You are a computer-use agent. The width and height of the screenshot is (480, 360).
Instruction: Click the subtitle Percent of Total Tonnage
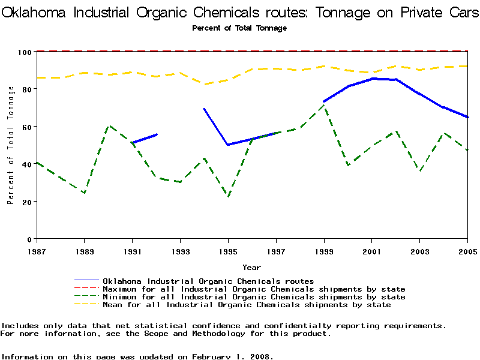coord(239,28)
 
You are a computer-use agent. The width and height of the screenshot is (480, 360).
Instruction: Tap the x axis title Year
coord(251,267)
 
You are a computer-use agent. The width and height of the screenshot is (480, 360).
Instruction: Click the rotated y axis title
coord(11,145)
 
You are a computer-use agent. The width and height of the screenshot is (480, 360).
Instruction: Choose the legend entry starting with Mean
coord(247,305)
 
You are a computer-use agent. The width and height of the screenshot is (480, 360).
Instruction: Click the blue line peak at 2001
coord(373,78)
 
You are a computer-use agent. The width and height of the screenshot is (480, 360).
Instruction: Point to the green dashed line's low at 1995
coord(228,196)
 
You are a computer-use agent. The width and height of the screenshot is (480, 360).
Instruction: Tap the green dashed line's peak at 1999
coord(324,106)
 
